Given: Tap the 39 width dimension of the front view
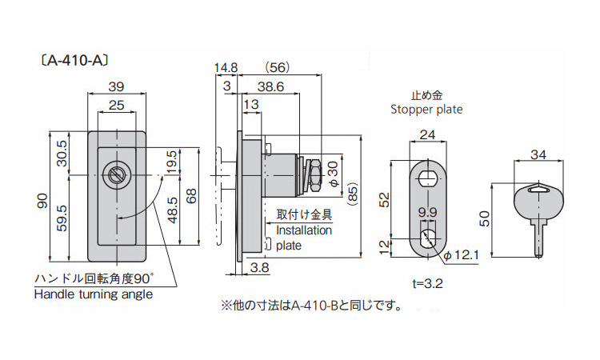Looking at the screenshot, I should (116, 86).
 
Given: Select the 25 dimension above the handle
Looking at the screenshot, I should (116, 106).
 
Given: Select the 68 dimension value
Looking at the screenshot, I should (190, 196).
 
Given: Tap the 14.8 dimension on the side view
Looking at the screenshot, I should (226, 67).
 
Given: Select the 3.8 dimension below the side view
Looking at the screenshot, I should (258, 267).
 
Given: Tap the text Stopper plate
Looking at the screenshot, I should (426, 110).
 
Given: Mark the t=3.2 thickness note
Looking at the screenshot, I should (427, 283).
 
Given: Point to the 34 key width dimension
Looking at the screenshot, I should (537, 155).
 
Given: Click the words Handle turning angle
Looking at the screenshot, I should (93, 294).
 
